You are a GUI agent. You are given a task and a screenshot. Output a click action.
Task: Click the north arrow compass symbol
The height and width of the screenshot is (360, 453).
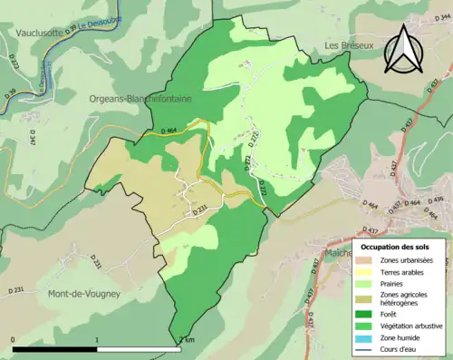403,49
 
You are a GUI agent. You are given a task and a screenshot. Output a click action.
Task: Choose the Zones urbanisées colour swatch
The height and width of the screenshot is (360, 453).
369,260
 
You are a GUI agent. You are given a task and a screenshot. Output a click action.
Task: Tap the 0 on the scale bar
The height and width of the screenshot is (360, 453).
14,340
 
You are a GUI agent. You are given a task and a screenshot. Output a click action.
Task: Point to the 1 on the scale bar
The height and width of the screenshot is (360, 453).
98,340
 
